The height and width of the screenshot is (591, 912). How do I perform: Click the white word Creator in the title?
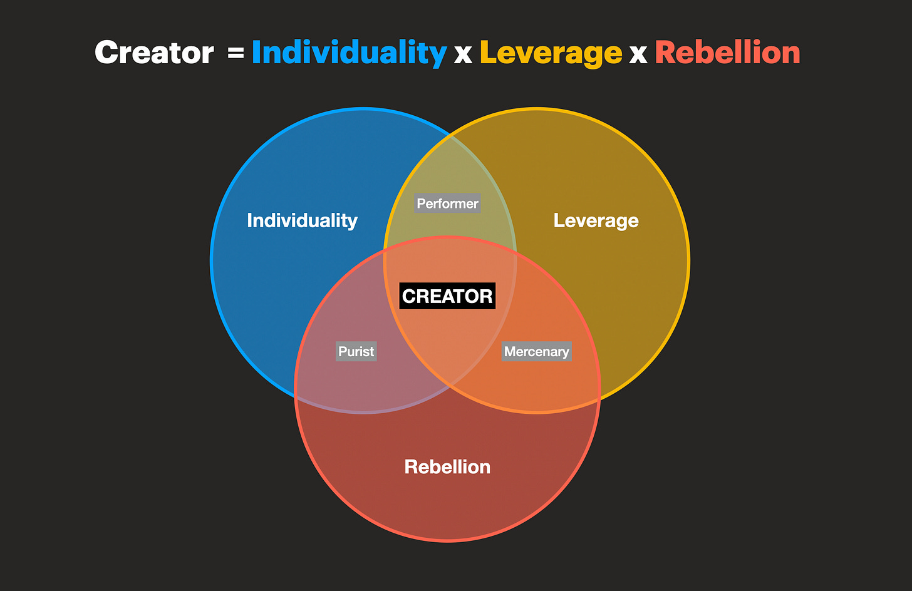click(x=154, y=53)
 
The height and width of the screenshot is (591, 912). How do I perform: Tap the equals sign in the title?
click(x=236, y=53)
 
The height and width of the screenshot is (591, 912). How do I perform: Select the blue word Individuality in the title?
click(x=349, y=53)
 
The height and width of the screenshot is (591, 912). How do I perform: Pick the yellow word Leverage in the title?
click(x=551, y=53)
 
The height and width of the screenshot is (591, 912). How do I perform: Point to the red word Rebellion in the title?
click(x=727, y=53)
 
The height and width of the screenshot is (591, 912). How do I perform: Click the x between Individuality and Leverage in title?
click(x=463, y=54)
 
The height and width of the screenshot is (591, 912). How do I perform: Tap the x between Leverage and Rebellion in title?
click(x=638, y=54)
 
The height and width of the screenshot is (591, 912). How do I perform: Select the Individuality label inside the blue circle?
click(x=302, y=220)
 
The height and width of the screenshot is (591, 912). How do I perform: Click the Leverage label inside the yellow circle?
click(x=596, y=220)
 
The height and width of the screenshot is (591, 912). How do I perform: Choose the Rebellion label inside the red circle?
click(x=447, y=466)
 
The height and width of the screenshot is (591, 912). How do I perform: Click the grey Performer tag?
click(x=447, y=203)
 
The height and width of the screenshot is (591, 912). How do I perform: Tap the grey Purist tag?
click(x=356, y=351)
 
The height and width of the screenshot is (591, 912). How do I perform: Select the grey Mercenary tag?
click(x=537, y=351)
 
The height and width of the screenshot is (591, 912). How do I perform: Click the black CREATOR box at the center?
click(x=447, y=296)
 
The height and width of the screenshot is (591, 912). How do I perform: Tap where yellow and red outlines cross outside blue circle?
click(x=599, y=397)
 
